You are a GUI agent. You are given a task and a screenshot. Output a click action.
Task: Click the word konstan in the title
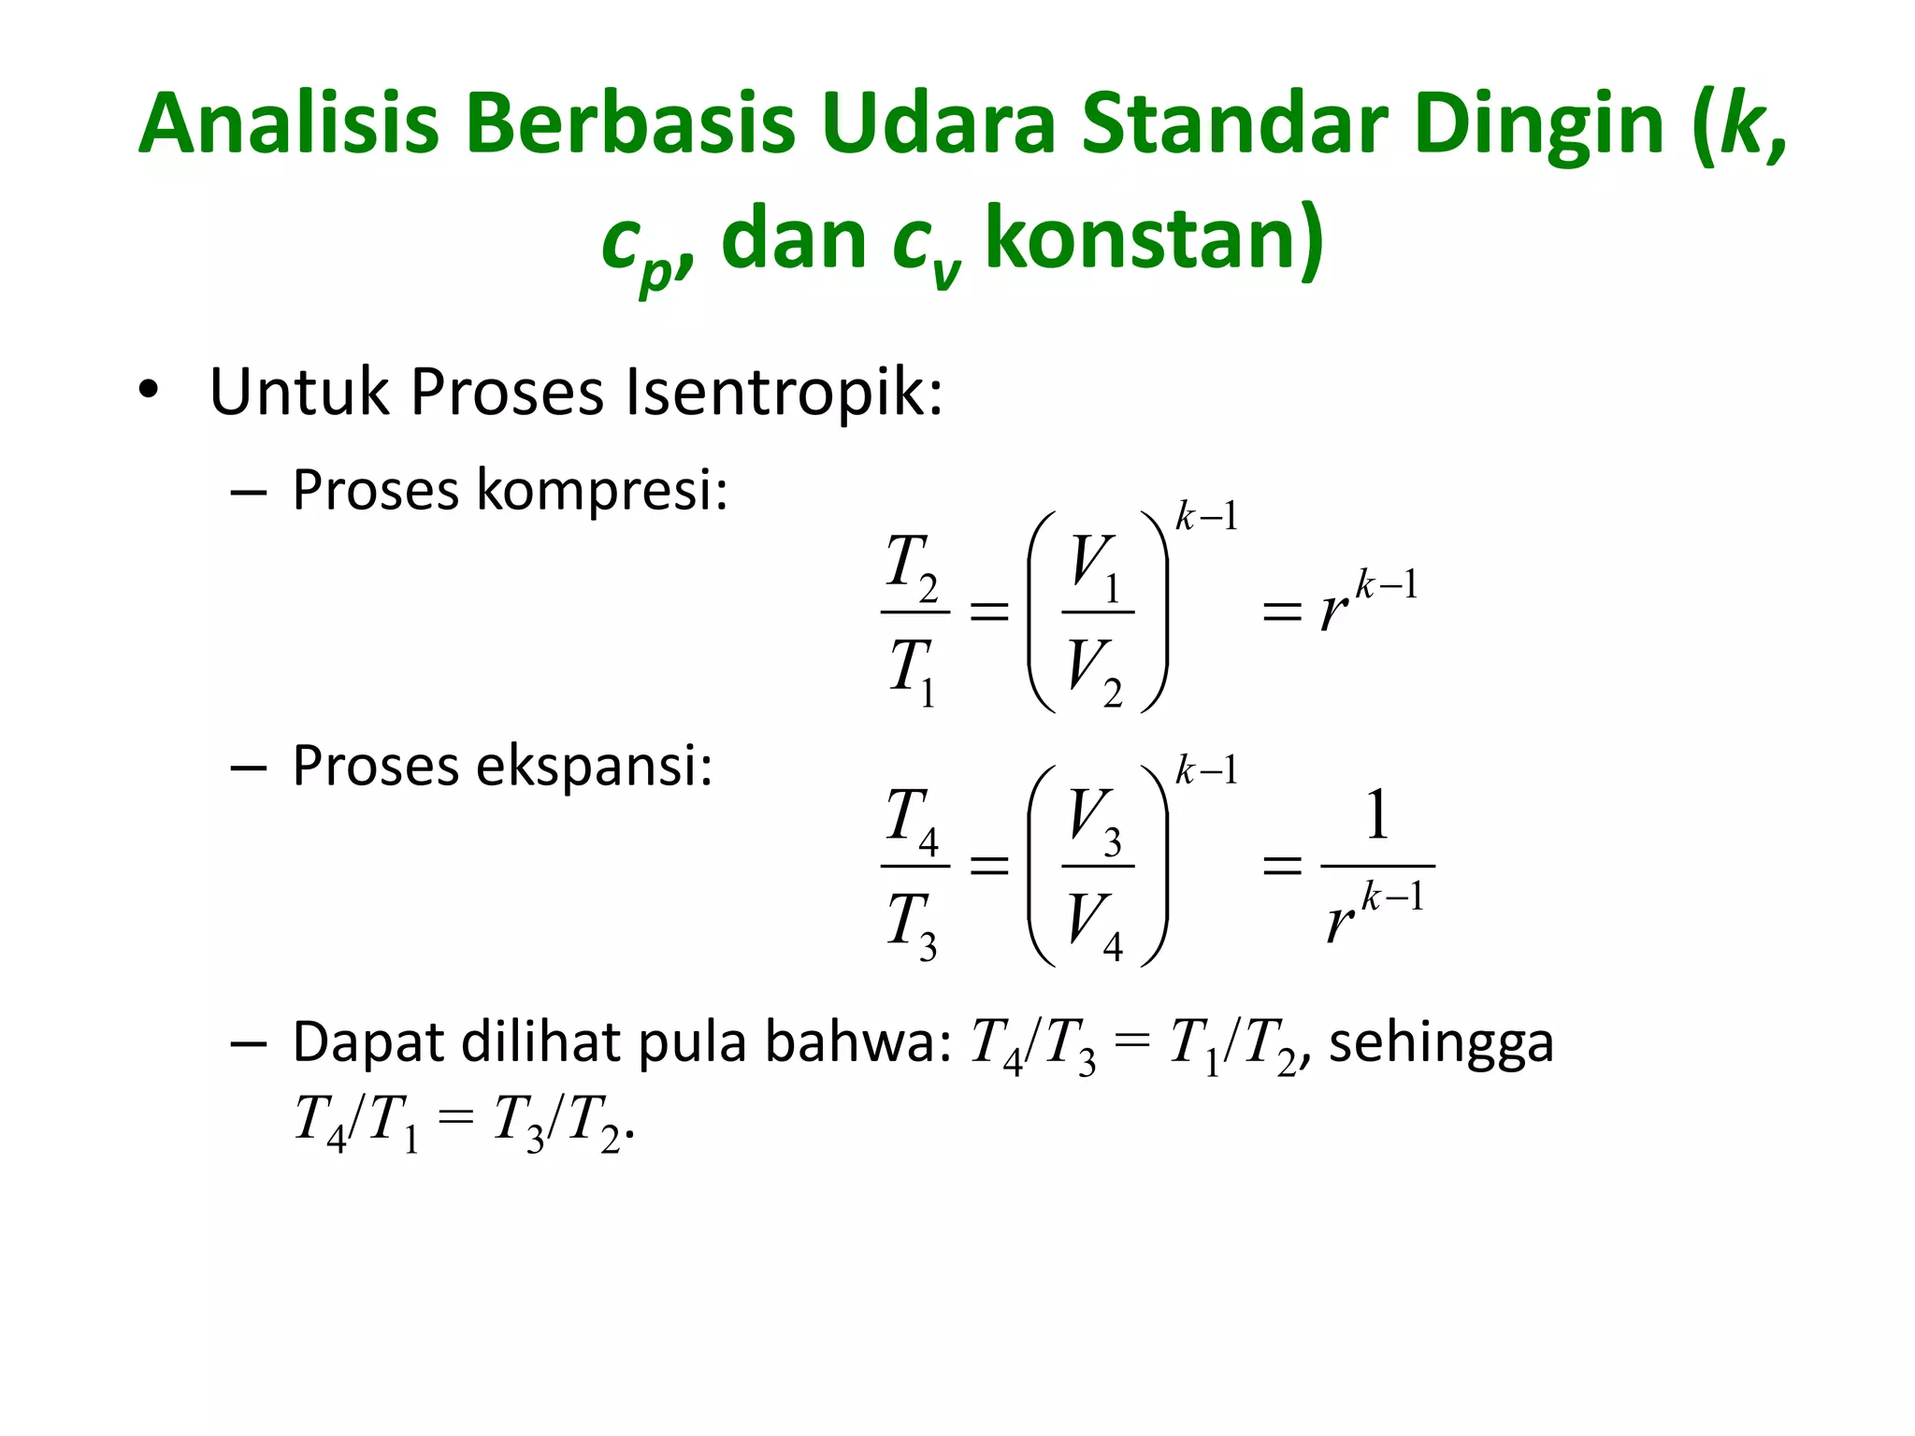tap(1154, 238)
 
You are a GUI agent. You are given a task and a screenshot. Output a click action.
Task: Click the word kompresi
tap(602, 489)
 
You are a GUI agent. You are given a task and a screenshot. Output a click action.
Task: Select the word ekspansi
tap(595, 766)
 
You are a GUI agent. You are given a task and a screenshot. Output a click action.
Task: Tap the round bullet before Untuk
tap(148, 391)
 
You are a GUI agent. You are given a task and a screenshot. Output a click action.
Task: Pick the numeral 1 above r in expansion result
tap(1376, 815)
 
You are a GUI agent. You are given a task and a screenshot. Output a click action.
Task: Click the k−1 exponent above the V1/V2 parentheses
tap(1206, 516)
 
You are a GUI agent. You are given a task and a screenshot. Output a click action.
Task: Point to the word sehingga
tap(1441, 1041)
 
